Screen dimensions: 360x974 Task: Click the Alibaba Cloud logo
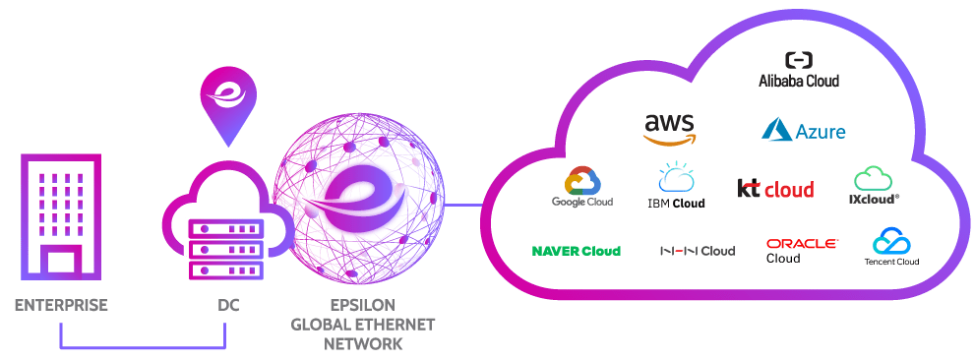point(798,70)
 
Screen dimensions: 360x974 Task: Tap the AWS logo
point(670,129)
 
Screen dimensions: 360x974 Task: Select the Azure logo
point(803,130)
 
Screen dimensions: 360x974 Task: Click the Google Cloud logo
point(582,187)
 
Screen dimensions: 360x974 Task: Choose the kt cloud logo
point(775,188)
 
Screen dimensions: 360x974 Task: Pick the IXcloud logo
point(874,186)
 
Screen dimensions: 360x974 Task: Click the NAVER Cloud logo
point(576,251)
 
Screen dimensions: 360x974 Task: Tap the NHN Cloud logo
point(697,251)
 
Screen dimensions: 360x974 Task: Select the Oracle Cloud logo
point(801,250)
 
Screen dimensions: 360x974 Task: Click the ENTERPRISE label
point(61,306)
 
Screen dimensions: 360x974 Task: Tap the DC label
point(227,306)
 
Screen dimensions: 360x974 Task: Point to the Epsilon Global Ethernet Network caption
point(363,325)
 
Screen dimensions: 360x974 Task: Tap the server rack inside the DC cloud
point(226,246)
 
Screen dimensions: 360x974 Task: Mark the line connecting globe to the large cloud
point(462,207)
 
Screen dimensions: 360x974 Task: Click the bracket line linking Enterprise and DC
point(143,348)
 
